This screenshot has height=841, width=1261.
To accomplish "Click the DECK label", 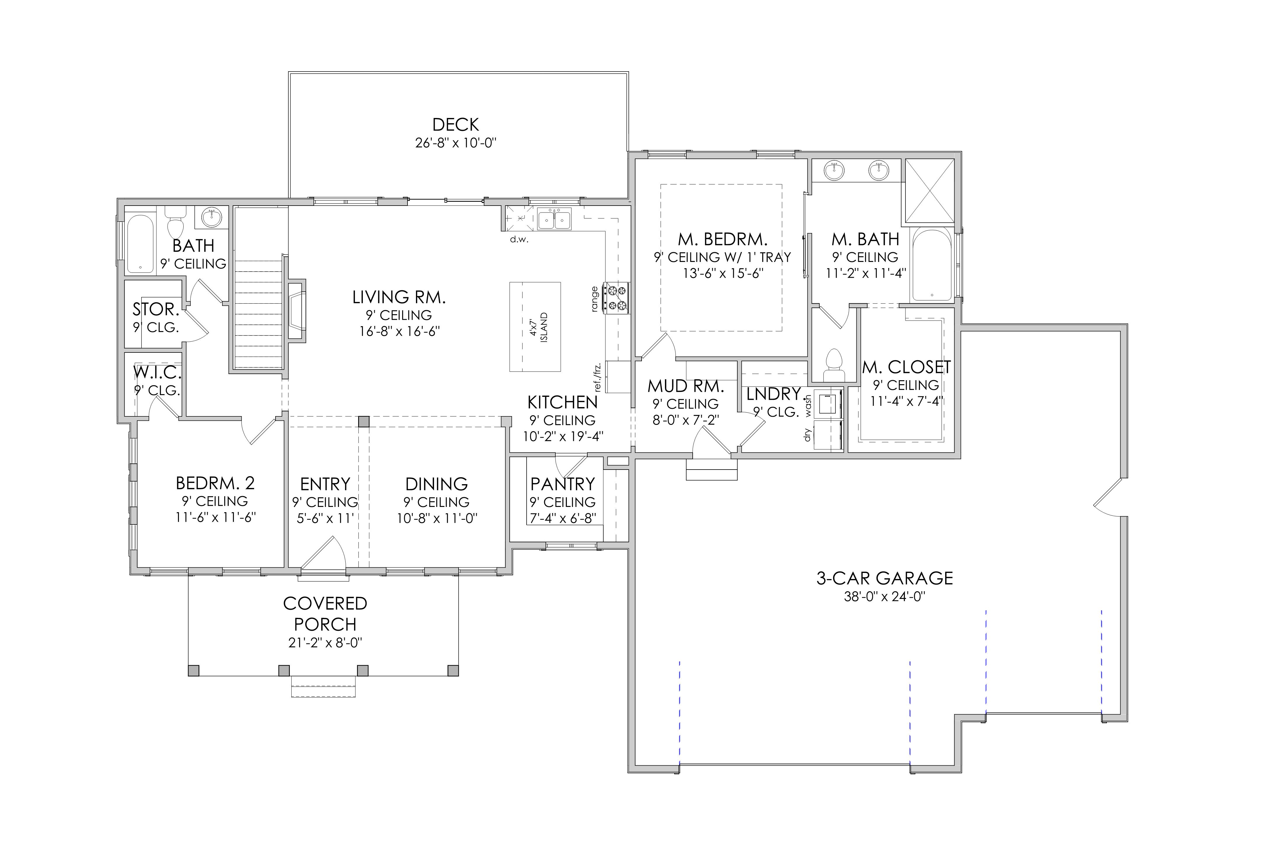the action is point(456,124).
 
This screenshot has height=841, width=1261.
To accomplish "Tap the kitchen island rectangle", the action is point(535,327).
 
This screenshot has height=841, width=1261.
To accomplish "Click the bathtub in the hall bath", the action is point(140,244).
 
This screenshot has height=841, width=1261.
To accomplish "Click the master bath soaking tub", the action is point(932,265).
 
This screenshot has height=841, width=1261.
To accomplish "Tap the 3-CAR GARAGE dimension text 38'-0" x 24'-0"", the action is point(885,596).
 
